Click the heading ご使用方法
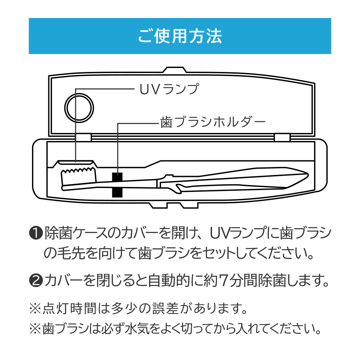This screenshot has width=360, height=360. (x=180, y=36)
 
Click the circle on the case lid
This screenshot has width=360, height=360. (x=79, y=108)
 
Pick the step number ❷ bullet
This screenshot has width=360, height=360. (x=36, y=281)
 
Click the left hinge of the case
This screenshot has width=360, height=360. (x=83, y=137)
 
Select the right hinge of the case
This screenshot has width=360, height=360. (x=282, y=137)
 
